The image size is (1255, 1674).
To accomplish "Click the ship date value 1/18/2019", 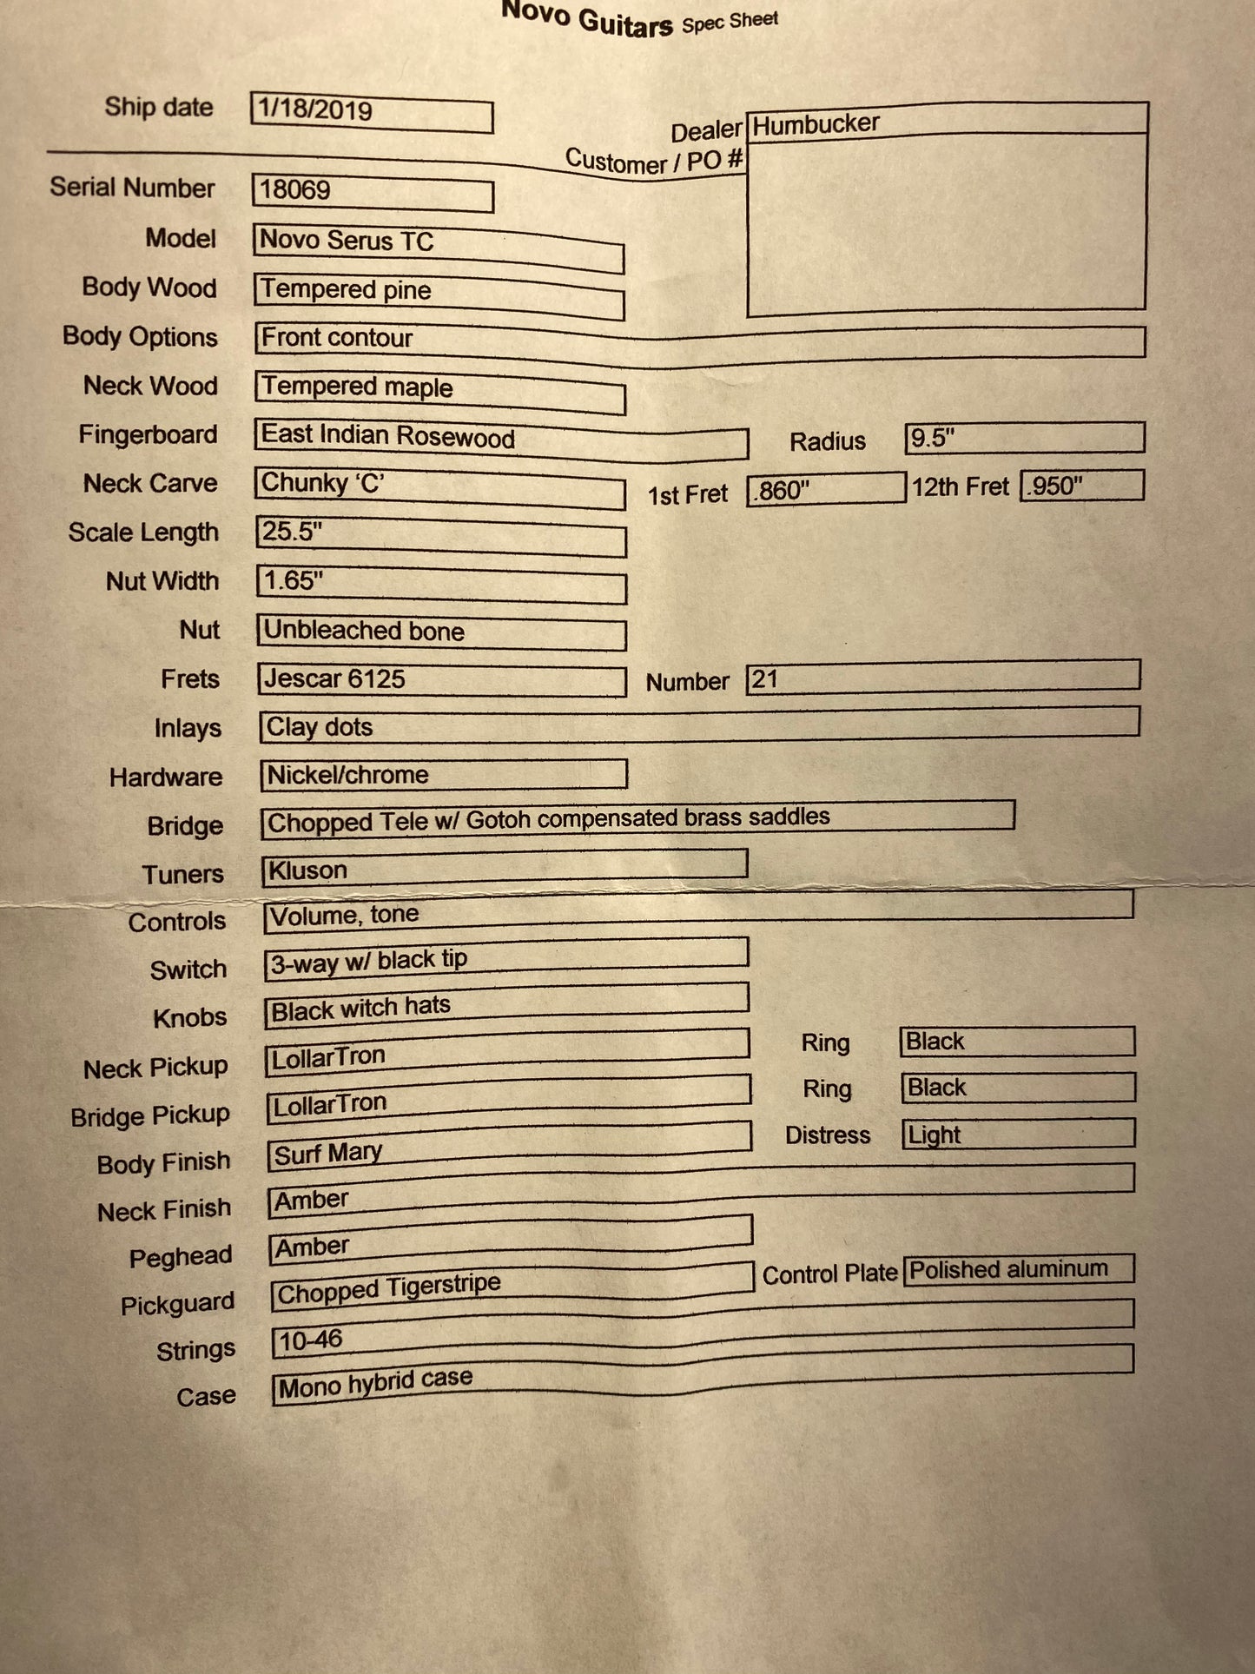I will click(315, 110).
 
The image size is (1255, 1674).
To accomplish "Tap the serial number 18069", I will click(295, 190).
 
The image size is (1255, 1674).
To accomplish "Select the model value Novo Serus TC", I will click(347, 241).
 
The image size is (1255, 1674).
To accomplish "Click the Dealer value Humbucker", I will click(816, 125).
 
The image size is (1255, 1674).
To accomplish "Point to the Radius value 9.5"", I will click(932, 438).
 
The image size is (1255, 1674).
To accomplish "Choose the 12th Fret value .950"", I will click(1054, 486).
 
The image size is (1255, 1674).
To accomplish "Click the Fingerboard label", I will click(148, 434).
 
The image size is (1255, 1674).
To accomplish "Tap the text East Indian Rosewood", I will click(388, 436).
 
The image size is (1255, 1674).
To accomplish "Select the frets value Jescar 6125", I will click(334, 679).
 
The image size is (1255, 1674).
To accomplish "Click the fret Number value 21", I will click(764, 679).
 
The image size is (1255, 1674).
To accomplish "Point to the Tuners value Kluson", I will click(307, 870).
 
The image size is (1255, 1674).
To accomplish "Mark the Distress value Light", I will click(935, 1135).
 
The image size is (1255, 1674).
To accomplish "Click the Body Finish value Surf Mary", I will click(328, 1154).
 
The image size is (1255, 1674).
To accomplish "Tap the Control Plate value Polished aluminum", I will click(1008, 1270).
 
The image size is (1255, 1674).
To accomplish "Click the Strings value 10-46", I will click(311, 1340).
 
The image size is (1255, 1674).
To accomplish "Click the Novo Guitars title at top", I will click(587, 19).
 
